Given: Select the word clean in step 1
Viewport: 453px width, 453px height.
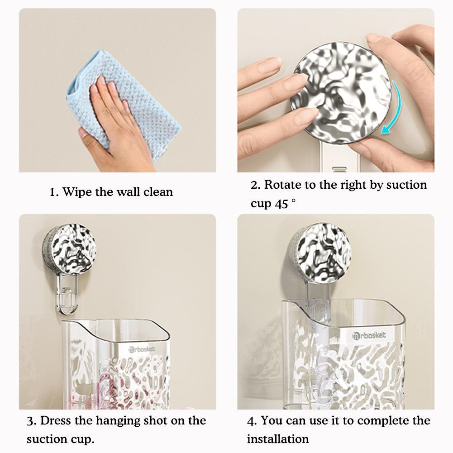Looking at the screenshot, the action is (158, 192).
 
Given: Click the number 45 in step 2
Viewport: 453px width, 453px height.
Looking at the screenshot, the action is (281, 204).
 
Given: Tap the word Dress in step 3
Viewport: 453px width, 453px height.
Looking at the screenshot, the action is (56, 421).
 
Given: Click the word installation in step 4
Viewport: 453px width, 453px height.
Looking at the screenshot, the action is (277, 439).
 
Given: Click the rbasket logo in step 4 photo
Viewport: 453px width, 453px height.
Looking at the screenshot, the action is (369, 335).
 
